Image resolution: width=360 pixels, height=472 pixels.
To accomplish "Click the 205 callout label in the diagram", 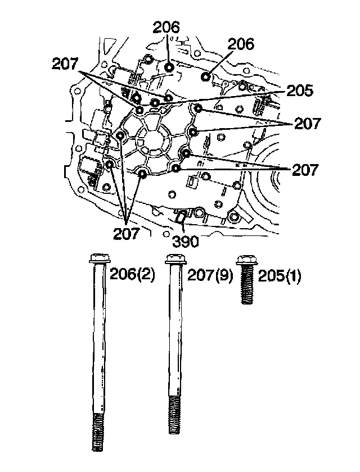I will pos(299,90).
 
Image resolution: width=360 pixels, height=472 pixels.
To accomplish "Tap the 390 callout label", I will pos(186,242).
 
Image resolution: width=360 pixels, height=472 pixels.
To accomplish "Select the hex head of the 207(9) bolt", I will pos(174,260).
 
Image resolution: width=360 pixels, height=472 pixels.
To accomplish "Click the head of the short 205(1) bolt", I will pos(246,259).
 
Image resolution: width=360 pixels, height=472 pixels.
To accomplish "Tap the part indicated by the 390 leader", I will pos(181,216).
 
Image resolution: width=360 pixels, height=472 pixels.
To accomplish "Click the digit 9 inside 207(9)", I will pos(218,275).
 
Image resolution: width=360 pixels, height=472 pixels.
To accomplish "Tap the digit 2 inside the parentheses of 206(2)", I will pos(143,275).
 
